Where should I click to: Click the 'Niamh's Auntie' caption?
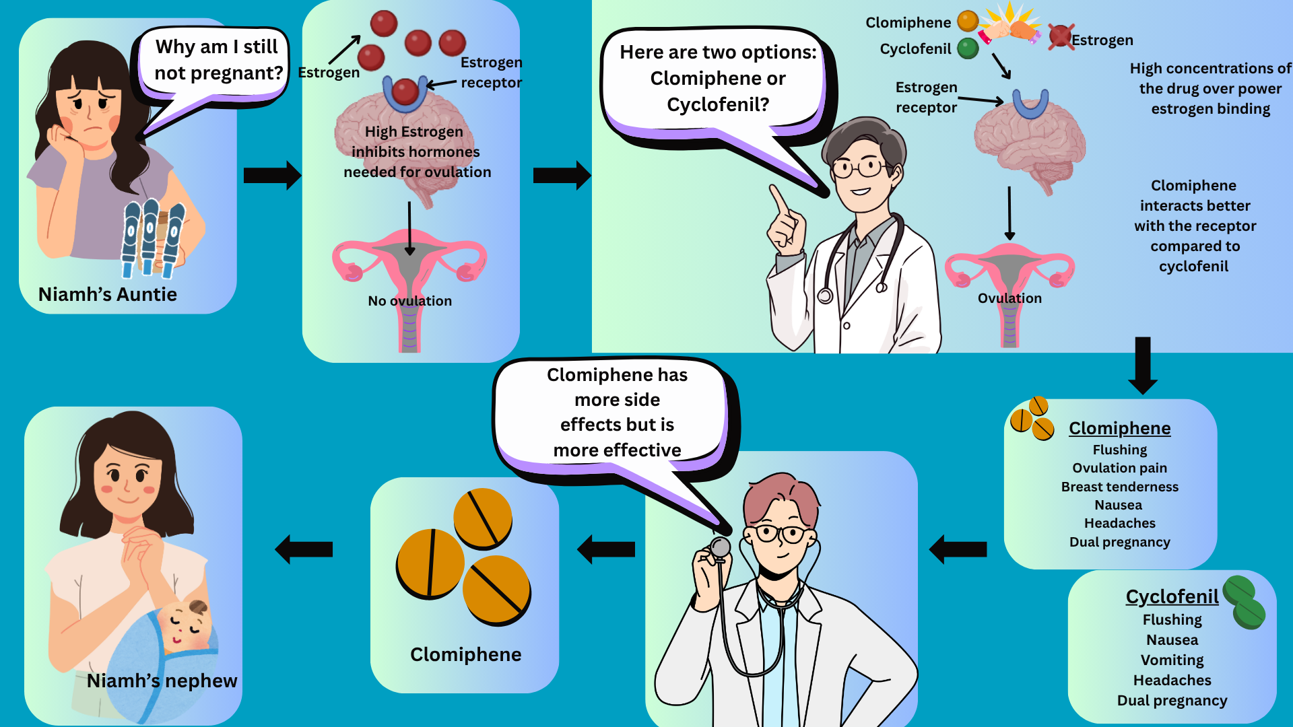pos(108,294)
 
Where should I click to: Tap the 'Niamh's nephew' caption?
pos(162,681)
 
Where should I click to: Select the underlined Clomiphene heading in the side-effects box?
pos(1119,428)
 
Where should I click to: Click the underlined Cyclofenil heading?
pos(1172,596)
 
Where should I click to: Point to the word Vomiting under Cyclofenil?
pos(1172,660)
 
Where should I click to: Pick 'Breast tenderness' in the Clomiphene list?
pos(1119,487)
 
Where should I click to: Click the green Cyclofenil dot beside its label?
pos(968,48)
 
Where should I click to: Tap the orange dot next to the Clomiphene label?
pos(968,22)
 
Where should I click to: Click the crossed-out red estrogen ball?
pos(1060,36)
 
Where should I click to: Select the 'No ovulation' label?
pos(409,301)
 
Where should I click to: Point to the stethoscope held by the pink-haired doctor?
pos(720,548)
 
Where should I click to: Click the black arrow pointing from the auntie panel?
pos(272,176)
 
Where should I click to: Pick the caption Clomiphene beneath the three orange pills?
pos(465,654)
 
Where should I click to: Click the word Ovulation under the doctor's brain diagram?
pos(1009,298)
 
